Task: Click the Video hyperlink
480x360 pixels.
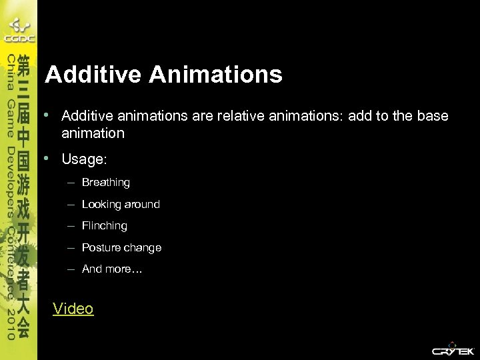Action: (73, 309)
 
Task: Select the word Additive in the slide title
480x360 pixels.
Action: (94, 74)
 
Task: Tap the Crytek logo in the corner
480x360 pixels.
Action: (453, 349)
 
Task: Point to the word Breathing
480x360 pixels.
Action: (105, 182)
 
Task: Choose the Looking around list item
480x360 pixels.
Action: (121, 204)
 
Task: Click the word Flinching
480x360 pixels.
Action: (104, 226)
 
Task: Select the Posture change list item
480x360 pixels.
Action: (121, 247)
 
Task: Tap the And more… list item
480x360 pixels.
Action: (112, 269)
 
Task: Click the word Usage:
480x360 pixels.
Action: (84, 160)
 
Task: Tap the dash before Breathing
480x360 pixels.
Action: (71, 182)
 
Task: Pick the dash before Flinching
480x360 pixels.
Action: (71, 226)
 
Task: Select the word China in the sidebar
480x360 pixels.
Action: (11, 73)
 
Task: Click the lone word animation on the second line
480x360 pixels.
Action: (93, 133)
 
